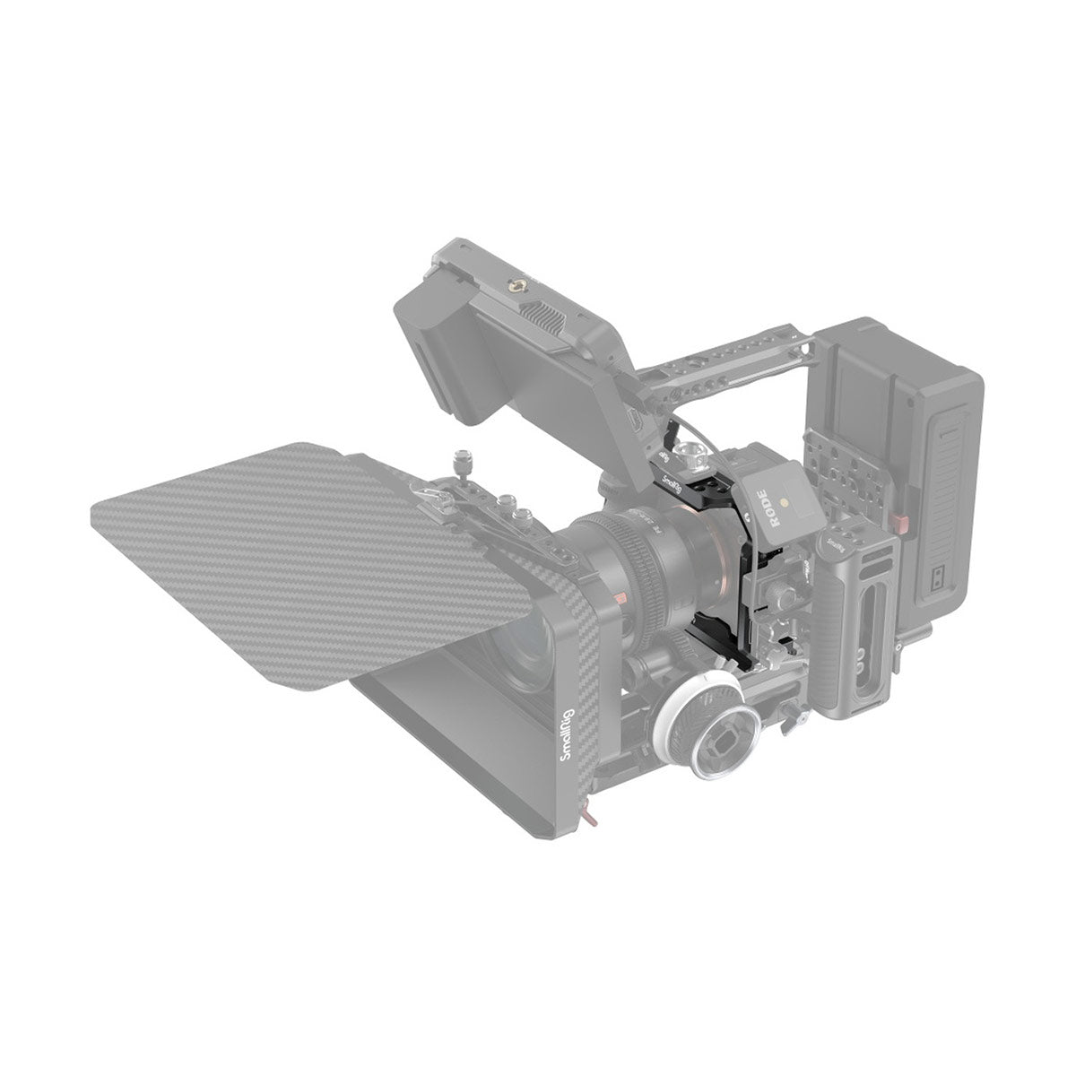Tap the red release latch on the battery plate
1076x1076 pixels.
point(902,522)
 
